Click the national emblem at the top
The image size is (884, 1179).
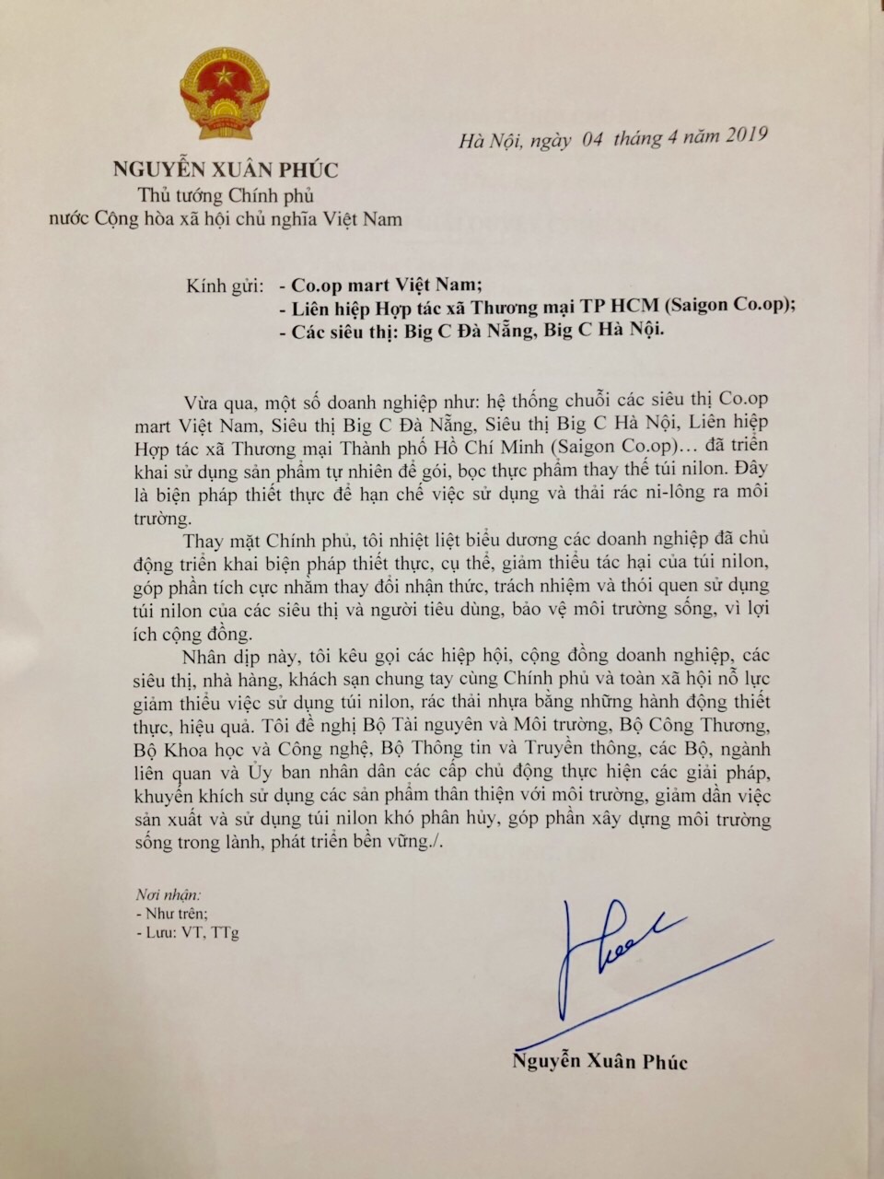[x=224, y=95]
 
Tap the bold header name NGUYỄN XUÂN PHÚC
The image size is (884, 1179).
[x=226, y=170]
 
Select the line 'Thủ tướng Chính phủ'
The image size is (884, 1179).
[x=226, y=195]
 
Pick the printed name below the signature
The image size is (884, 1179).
[x=599, y=1061]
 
